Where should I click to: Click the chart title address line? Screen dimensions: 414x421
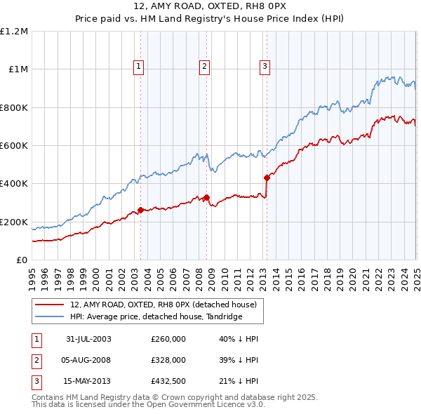[210, 6]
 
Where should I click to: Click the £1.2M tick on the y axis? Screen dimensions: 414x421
[14, 32]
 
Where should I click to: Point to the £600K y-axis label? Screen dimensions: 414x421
[14, 146]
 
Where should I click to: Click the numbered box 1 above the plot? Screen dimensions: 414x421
[139, 67]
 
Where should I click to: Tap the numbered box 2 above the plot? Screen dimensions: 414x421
[203, 67]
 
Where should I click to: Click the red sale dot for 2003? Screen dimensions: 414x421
[141, 210]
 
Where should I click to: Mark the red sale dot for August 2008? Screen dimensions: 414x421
[206, 197]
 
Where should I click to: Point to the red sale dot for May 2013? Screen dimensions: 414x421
[267, 178]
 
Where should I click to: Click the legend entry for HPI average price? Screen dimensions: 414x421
[156, 317]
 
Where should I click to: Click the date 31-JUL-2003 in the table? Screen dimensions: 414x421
[88, 340]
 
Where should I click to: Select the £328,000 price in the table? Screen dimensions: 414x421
[168, 361]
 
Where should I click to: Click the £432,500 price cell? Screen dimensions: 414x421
[168, 382]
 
